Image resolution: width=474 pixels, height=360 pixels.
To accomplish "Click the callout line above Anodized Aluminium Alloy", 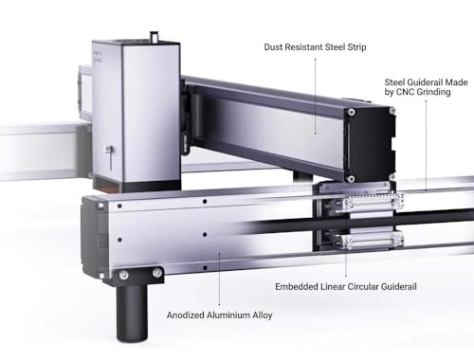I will tap(220, 280).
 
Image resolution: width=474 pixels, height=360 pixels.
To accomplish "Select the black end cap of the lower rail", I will tap(94, 237).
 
